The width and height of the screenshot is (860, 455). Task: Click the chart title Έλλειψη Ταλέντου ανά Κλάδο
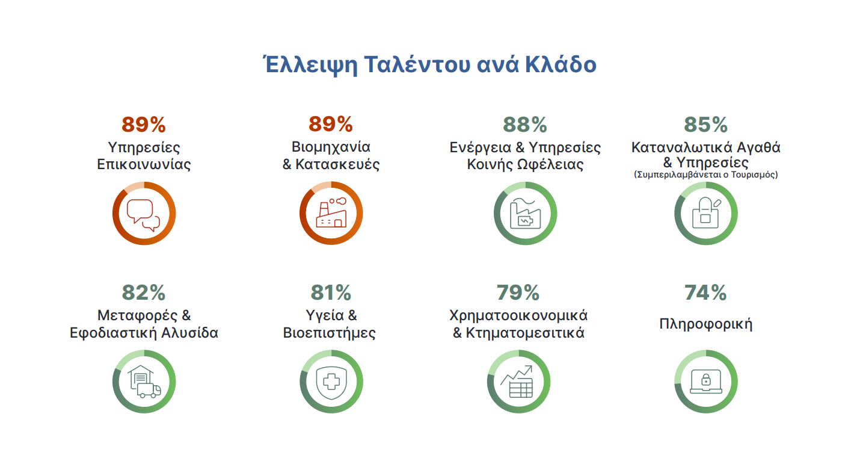point(430,64)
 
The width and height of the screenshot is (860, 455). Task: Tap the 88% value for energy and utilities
point(525,125)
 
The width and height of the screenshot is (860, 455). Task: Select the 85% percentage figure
point(705,125)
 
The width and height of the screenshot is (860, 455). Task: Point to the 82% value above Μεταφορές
point(144,292)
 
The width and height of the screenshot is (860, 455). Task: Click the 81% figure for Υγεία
point(331,292)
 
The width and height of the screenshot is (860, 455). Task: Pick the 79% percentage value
point(518,292)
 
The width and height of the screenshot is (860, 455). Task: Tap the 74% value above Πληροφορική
point(705,292)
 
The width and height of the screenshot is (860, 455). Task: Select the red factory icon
point(331,212)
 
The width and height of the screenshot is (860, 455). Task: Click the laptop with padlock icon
point(706,382)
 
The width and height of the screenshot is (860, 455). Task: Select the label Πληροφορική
point(705,324)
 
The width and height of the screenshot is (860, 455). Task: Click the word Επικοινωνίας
point(144,164)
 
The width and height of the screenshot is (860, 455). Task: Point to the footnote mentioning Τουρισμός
point(705,175)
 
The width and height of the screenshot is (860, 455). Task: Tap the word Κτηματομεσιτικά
point(525,333)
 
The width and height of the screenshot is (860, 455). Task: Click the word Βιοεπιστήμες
point(330,333)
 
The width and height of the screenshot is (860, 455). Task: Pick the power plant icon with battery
point(525,213)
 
